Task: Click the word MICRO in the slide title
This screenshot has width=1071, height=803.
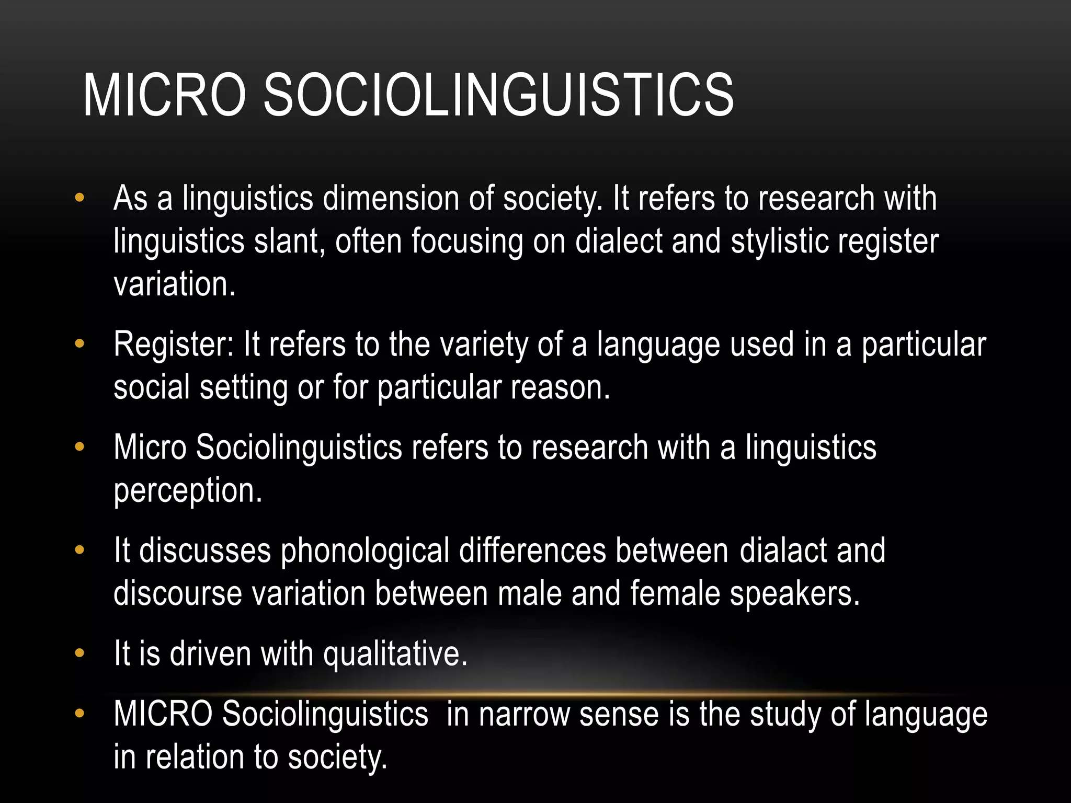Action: coord(164,95)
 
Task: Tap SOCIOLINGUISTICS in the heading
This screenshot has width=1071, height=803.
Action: coord(498,95)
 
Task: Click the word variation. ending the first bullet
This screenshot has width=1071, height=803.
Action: coord(175,284)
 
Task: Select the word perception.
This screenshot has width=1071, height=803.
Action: coord(188,491)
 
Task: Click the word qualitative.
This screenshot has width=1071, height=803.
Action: coord(395,655)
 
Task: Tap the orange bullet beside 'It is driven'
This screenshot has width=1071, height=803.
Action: coord(79,653)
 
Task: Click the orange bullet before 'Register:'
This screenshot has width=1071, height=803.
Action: coord(79,344)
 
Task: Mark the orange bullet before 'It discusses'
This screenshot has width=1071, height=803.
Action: coord(79,550)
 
